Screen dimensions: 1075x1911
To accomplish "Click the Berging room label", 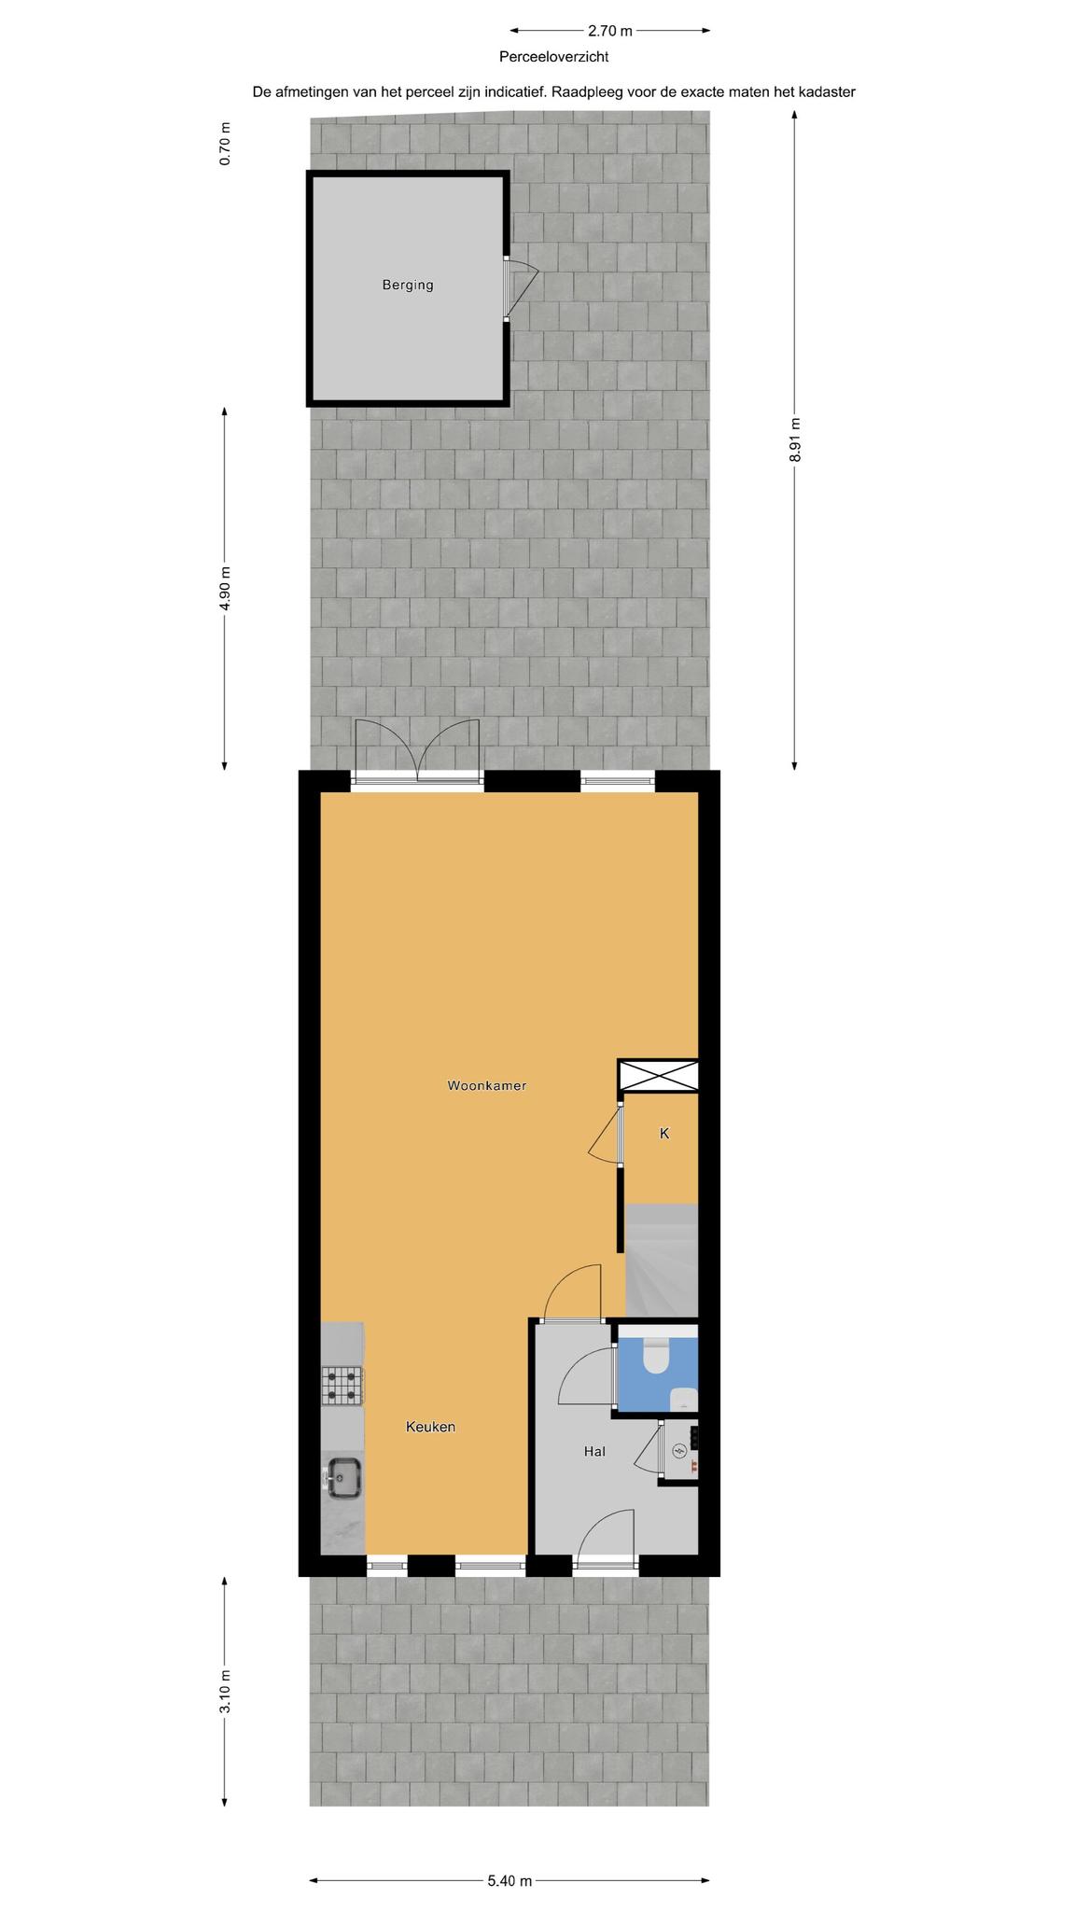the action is coord(407,286).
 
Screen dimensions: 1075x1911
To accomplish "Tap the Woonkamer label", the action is coord(487,1085).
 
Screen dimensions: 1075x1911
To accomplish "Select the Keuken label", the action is coord(430,1427).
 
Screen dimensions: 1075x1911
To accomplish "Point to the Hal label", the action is coord(594,1451).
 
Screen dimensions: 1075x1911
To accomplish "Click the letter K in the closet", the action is coord(664,1134).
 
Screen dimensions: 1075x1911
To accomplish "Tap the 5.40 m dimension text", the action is coord(510,1855).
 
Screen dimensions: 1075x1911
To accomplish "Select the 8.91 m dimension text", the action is coord(795,439).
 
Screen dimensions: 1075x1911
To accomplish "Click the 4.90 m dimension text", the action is coord(224,589).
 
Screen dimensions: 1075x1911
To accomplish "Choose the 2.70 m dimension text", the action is coord(610,31).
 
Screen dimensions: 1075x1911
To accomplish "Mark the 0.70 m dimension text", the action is coord(224,144).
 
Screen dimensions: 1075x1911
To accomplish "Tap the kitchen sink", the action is coord(343,1476).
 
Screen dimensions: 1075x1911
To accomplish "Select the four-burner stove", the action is coord(342,1386).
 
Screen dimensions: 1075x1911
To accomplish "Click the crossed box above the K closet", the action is coord(659,1075).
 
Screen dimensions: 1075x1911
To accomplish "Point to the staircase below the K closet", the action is coord(662,1260).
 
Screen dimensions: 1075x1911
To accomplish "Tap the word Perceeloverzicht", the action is coord(553,57).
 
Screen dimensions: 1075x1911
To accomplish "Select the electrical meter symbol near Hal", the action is coord(679,1451).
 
